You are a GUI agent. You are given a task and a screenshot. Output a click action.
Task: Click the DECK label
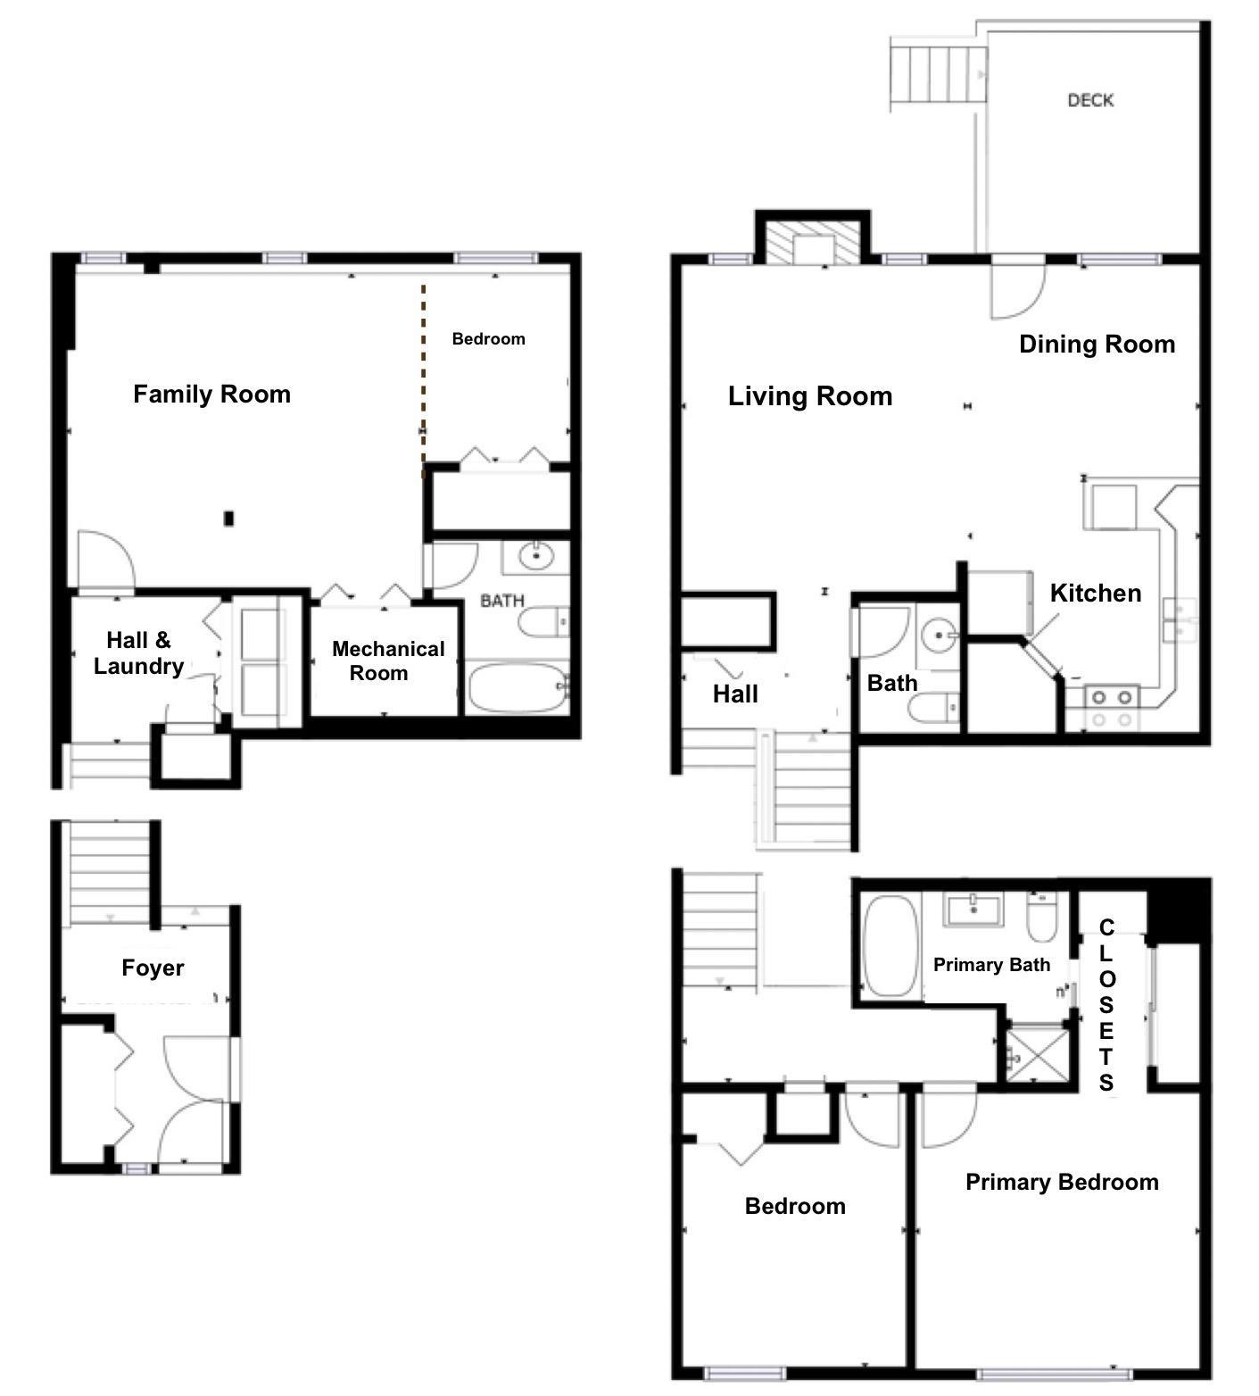(x=1090, y=100)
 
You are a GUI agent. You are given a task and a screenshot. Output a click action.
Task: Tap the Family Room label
(x=211, y=395)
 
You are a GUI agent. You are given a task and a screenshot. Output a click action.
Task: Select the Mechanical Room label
(x=388, y=661)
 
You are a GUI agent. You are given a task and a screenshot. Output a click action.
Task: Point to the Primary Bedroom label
(x=1062, y=1183)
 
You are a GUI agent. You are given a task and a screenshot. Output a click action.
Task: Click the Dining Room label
(x=1097, y=345)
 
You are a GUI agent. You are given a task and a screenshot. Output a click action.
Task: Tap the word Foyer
(x=153, y=968)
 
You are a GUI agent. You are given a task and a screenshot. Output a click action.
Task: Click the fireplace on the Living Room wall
(x=813, y=239)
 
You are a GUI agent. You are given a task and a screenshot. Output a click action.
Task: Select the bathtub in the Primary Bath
(x=891, y=946)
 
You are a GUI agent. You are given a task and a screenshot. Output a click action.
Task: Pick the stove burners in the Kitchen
(x=1112, y=708)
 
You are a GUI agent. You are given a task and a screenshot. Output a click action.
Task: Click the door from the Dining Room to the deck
(x=1017, y=287)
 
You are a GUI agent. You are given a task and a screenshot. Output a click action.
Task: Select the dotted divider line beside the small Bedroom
(x=423, y=381)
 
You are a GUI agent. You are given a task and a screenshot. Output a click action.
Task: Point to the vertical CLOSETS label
(x=1106, y=1005)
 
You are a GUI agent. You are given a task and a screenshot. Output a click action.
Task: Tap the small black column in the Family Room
(x=228, y=518)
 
